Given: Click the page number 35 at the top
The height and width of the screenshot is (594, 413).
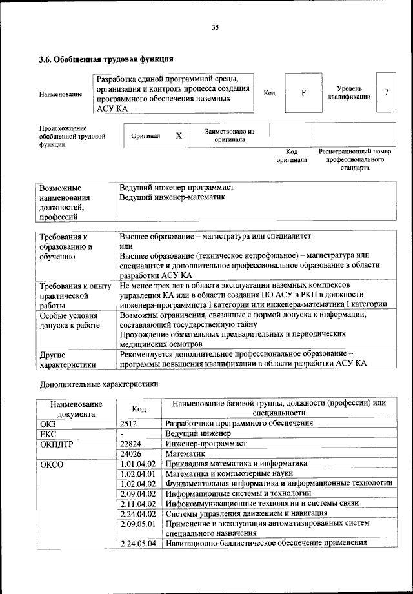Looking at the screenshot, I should coord(216,26).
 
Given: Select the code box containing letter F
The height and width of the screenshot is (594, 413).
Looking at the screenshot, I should coord(303,93).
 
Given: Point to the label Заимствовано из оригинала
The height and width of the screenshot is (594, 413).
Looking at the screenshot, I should coord(229,135).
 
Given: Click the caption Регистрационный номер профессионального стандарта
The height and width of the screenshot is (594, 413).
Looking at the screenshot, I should coord(354,159).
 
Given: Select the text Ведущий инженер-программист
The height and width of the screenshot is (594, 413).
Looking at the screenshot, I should coord(177,187).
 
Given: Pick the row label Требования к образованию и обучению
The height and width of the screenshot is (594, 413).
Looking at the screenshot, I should coord(66,246).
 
